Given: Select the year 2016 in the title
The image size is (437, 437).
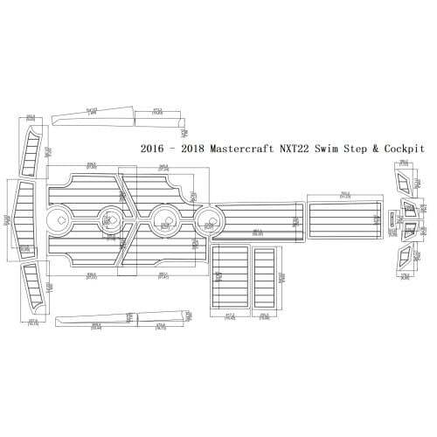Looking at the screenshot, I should (x=154, y=149).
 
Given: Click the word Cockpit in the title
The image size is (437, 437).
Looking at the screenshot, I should (x=406, y=149).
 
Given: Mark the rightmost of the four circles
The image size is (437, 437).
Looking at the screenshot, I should (x=208, y=218).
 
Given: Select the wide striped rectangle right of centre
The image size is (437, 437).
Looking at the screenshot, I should (x=344, y=217).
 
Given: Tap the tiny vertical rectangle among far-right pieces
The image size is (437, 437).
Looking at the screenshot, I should (x=391, y=218).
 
